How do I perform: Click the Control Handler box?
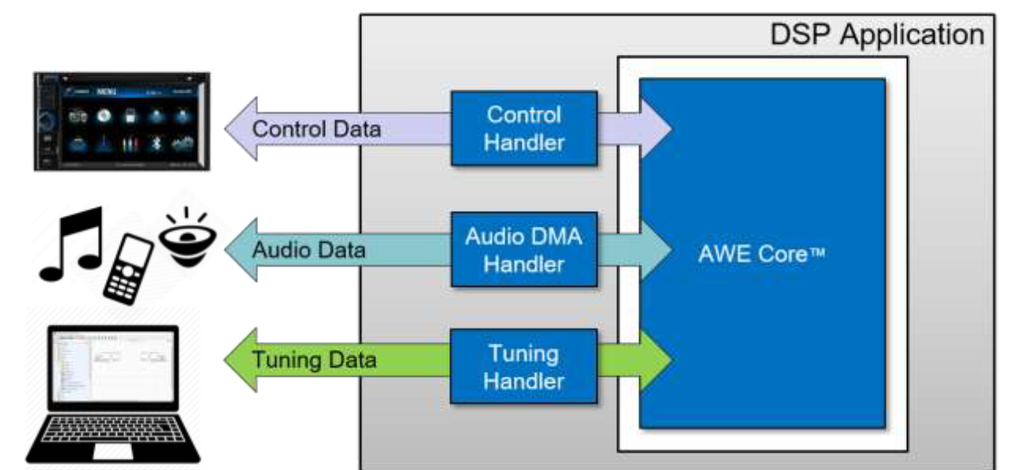point(524,128)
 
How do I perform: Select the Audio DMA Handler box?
point(524,250)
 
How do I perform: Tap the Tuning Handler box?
point(524,366)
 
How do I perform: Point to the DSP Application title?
point(876,35)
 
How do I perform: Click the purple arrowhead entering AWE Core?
point(656,128)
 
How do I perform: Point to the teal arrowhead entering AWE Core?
point(656,250)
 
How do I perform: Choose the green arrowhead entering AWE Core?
point(656,361)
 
